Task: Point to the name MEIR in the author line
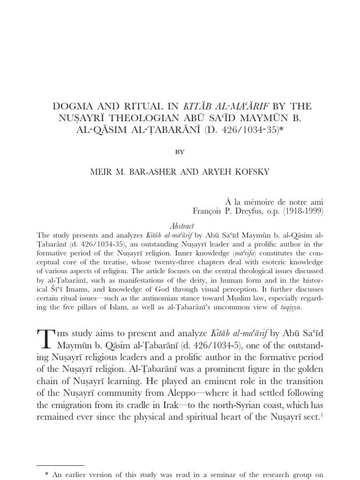tap(100, 172)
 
